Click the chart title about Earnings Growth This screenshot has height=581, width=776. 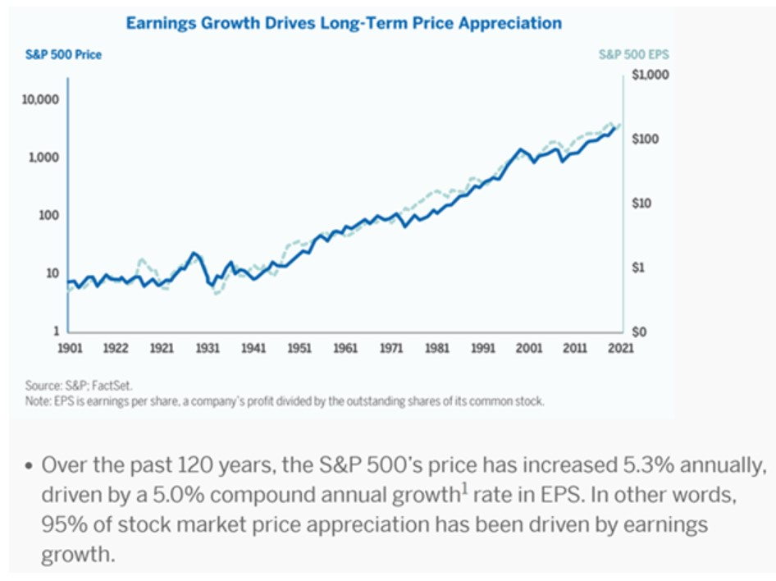(344, 23)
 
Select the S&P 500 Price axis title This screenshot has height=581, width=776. (74, 55)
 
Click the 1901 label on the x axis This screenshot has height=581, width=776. (70, 348)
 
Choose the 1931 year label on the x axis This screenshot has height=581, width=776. (208, 348)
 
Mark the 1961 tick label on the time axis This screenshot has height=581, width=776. (346, 348)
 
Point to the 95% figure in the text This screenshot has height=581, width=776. (58, 525)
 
